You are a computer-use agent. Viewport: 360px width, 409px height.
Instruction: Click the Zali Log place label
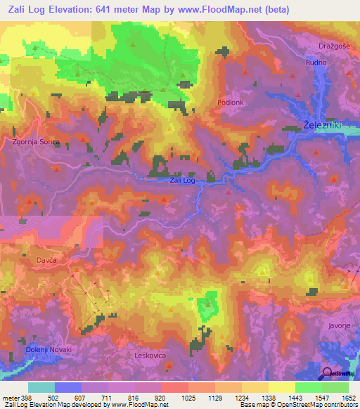(x=182, y=181)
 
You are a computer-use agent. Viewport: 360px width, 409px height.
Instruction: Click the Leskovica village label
(x=149, y=356)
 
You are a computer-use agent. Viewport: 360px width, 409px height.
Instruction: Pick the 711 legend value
(x=107, y=398)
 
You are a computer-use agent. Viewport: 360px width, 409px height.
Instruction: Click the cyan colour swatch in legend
(x=41, y=387)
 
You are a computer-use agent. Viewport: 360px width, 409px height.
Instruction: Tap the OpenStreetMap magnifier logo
(x=327, y=374)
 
